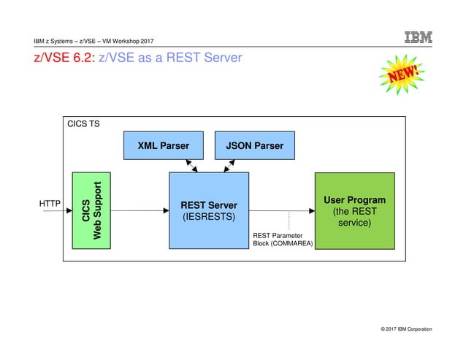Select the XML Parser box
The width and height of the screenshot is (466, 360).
click(164, 145)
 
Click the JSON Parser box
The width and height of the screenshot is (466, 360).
click(254, 145)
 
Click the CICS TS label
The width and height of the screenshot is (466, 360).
click(83, 124)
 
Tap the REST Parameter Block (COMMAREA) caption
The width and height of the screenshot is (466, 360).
click(283, 240)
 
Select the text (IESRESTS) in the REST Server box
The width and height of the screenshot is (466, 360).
click(209, 217)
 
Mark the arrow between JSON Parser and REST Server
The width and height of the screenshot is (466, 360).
click(229, 166)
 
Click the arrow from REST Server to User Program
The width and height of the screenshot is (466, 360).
click(281, 210)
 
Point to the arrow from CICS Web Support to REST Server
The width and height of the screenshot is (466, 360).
click(140, 210)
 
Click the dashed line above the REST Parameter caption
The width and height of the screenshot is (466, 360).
click(290, 220)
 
